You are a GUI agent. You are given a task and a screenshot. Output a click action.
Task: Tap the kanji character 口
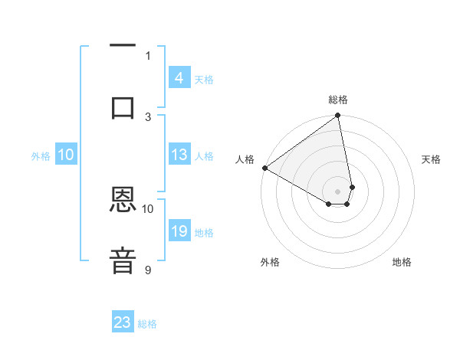point(123,107)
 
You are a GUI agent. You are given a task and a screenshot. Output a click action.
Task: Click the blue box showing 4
point(179,78)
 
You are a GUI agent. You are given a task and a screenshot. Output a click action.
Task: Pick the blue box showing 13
point(179,155)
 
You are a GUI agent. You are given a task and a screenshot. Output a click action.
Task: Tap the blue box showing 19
point(179,231)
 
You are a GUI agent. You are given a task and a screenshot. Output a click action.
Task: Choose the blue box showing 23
point(123,322)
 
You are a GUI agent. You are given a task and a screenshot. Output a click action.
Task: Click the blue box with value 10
point(66,155)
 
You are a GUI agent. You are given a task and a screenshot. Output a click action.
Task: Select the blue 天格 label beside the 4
point(204,80)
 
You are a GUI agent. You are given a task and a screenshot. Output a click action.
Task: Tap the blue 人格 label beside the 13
point(204,156)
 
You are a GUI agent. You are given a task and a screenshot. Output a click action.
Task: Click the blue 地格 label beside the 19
point(204,233)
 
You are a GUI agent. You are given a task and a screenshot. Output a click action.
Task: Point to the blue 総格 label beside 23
point(147,324)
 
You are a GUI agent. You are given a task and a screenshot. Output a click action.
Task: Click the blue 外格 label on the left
point(41,156)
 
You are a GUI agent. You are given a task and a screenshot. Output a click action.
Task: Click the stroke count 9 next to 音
point(148,270)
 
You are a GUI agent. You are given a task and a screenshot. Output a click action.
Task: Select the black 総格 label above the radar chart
point(338,100)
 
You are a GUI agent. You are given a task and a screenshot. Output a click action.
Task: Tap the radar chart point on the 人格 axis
point(264,168)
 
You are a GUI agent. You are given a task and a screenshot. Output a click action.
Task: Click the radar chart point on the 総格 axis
point(338,116)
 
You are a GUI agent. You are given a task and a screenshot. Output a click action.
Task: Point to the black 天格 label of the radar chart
point(431,159)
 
